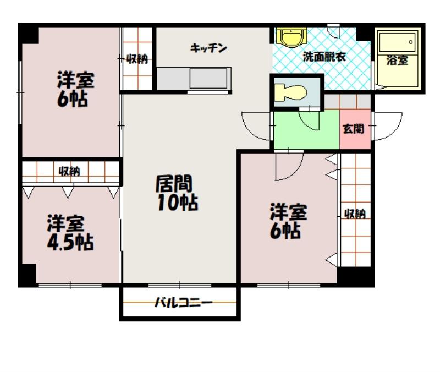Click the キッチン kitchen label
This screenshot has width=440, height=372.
tap(208, 48)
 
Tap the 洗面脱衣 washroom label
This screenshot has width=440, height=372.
tap(321, 56)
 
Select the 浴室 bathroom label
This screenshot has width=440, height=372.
tap(397, 61)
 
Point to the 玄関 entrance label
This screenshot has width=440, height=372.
tap(354, 129)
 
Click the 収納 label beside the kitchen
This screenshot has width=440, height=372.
tap(137, 59)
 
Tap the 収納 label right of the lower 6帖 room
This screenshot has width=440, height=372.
tap(355, 214)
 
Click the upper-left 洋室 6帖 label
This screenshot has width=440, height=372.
tap(75, 89)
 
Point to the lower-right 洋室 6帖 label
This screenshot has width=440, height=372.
tap(287, 221)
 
